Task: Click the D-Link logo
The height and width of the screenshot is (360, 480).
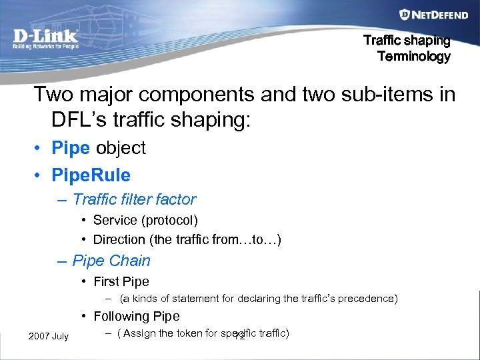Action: [45, 37]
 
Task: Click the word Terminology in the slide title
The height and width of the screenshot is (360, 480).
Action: [413, 57]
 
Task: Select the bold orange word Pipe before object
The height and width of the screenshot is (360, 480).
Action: [71, 148]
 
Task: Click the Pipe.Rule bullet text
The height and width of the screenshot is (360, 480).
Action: [91, 175]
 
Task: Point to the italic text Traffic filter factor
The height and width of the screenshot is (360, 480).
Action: [134, 199]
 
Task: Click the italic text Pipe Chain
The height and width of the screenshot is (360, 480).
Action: [111, 261]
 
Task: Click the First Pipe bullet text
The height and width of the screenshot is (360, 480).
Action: [121, 281]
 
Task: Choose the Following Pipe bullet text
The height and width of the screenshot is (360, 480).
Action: [136, 316]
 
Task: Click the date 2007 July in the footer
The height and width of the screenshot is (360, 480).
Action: [48, 335]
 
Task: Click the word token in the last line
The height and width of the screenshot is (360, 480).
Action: [188, 333]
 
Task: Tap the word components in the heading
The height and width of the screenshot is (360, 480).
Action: [201, 94]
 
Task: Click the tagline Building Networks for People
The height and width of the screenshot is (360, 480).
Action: [45, 47]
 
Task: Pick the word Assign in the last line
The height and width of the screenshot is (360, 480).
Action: [139, 333]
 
